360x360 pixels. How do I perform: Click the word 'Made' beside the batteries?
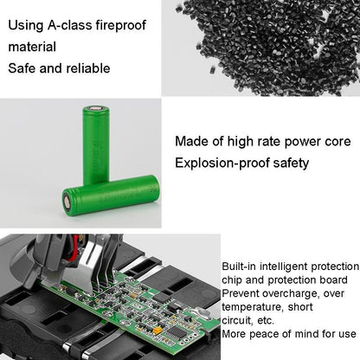pyautogui.click(x=192, y=140)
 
